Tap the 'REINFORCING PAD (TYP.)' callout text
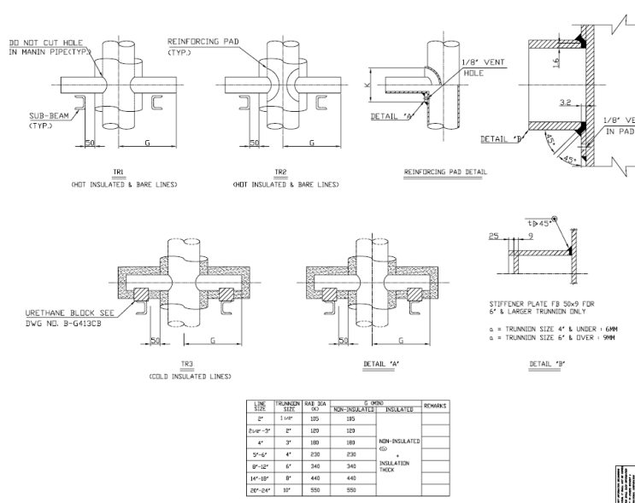pos(193,41)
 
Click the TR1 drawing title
pos(120,171)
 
